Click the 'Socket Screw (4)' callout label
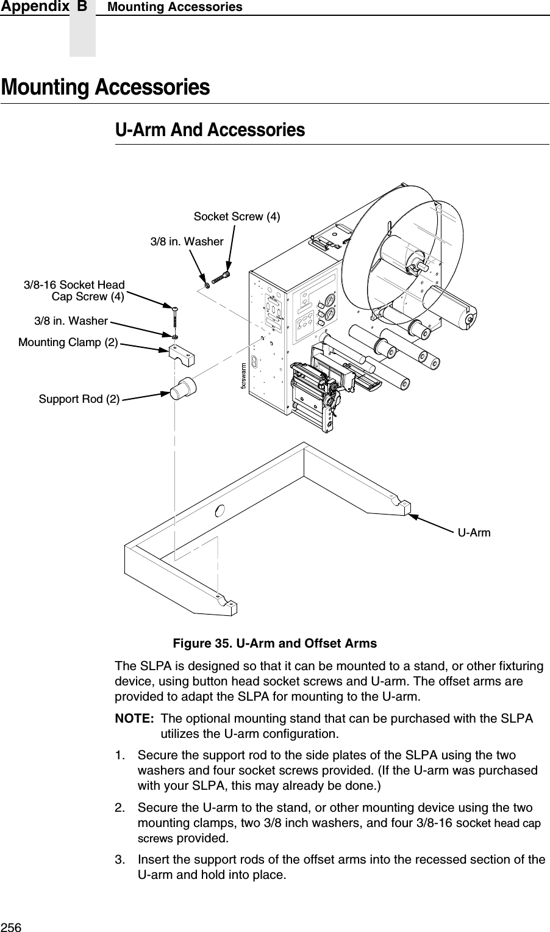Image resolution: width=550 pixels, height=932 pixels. tap(237, 217)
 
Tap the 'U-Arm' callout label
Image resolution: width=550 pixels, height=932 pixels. tap(474, 533)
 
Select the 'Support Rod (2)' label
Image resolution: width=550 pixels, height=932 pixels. tap(79, 399)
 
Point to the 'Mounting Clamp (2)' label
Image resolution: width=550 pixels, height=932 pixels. tap(68, 342)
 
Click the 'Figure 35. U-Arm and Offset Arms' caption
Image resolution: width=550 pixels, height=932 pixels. tap(274, 644)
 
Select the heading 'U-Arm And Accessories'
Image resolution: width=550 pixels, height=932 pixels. tap(210, 130)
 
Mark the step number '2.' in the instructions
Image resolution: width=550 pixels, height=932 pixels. tap(121, 808)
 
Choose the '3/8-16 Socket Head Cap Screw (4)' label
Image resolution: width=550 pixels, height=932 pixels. tap(74, 291)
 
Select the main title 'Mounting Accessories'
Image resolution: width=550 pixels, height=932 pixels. tap(105, 87)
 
